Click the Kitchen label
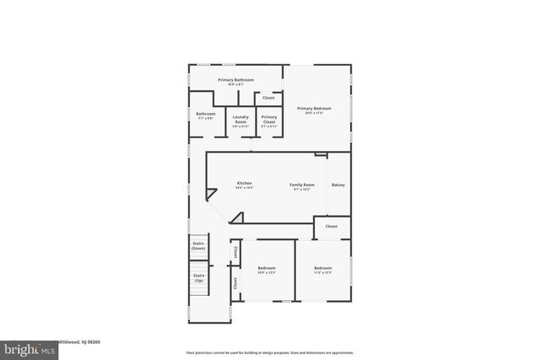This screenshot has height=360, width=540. point(244,183)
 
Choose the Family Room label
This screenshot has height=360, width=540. point(302,185)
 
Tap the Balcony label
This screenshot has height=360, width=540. point(338,185)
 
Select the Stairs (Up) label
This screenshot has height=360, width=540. point(199,277)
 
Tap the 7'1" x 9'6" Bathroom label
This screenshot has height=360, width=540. point(206,114)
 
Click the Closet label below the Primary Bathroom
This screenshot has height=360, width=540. point(268,98)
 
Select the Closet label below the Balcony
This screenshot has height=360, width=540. point(332,226)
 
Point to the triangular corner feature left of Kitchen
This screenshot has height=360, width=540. point(213,208)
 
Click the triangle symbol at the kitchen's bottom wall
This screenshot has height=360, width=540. point(237,218)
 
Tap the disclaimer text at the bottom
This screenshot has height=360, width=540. point(269,352)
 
